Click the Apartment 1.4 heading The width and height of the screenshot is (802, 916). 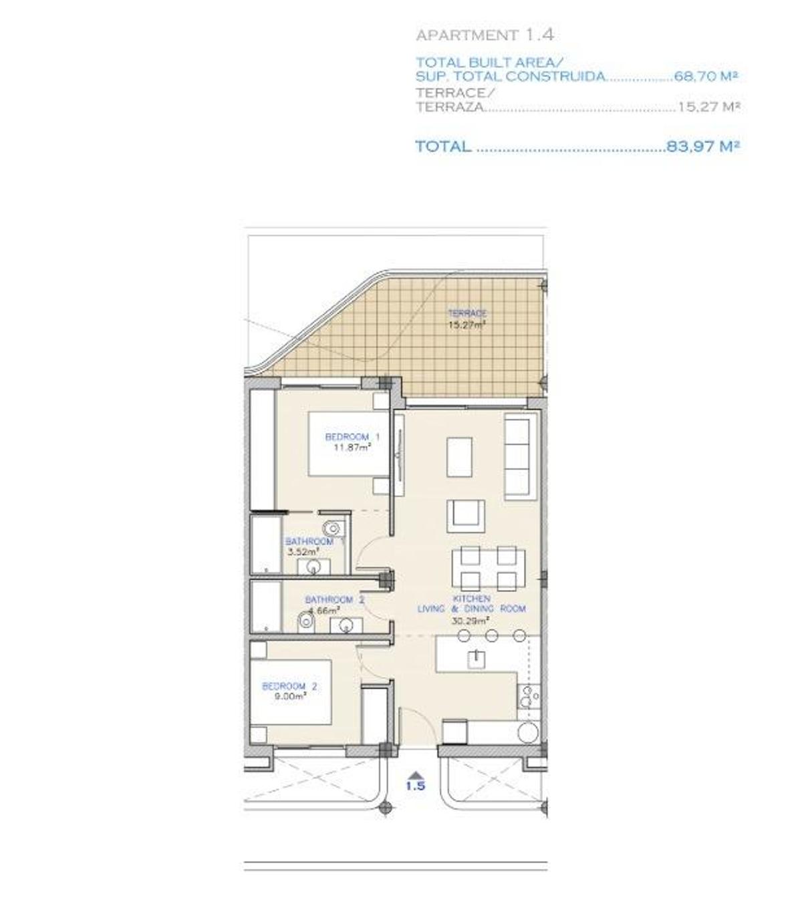coord(485,35)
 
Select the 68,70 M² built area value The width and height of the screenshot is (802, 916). coord(706,76)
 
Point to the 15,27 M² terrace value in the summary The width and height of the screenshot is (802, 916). coord(708,106)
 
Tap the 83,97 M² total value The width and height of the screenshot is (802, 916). coord(703,146)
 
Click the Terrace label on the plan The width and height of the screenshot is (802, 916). coord(467,313)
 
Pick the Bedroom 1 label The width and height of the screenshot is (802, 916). coord(352,437)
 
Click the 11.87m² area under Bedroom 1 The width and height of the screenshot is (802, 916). coord(352,448)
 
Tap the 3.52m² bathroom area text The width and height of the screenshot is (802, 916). coord(303,552)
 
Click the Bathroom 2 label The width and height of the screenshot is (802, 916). coord(334,600)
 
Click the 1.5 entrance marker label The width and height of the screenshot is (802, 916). coord(415,786)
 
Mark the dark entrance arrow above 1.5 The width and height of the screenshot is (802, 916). coord(415,773)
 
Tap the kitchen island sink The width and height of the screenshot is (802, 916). coord(477,658)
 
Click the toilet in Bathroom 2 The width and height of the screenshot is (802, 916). coord(306,621)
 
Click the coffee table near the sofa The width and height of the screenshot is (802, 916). coord(459,456)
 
